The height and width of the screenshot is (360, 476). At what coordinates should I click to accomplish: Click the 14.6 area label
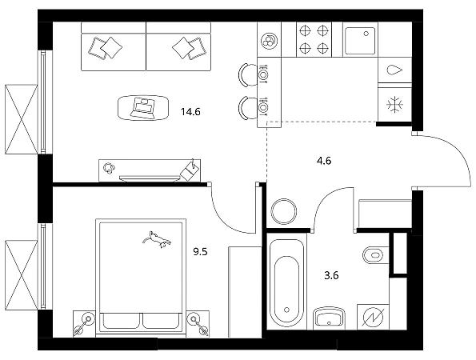[190, 112]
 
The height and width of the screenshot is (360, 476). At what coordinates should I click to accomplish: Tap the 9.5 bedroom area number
[200, 252]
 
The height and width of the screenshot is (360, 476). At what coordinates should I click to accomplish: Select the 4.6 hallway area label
[324, 161]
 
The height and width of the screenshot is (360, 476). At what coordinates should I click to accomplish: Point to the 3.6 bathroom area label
[331, 276]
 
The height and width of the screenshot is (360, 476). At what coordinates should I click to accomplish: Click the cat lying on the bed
[157, 239]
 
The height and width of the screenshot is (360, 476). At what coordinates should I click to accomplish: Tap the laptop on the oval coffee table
[142, 108]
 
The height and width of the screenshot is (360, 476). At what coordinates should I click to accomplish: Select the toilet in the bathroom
[376, 255]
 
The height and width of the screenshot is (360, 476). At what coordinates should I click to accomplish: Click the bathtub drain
[287, 310]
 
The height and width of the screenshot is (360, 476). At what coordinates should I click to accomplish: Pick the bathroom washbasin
[329, 318]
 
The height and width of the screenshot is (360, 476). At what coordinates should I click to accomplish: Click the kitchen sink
[360, 41]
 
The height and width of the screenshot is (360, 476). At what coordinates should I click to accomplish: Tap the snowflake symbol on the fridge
[394, 105]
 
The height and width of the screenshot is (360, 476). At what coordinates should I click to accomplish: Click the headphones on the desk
[110, 168]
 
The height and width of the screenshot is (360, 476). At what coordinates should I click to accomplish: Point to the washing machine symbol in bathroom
[373, 318]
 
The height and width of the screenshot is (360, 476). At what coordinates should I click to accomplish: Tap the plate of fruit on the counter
[269, 40]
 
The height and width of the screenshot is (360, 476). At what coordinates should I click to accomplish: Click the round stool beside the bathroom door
[284, 211]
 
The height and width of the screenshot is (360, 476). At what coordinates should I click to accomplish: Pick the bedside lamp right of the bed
[198, 323]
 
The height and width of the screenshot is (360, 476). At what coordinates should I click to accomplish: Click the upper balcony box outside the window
[22, 119]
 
